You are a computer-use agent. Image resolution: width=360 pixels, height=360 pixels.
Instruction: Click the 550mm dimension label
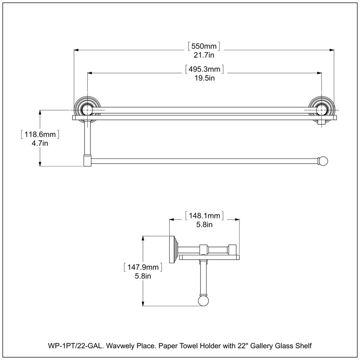(x=204, y=46)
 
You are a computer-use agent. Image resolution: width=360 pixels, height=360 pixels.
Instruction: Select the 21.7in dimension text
(x=204, y=55)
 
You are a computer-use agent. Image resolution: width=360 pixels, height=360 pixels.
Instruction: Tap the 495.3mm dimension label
(x=204, y=69)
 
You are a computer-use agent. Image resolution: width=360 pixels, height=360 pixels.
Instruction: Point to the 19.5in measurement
(x=205, y=78)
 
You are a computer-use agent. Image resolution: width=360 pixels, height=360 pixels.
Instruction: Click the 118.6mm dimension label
(x=40, y=134)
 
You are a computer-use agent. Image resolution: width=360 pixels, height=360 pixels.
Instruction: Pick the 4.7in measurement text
(x=40, y=143)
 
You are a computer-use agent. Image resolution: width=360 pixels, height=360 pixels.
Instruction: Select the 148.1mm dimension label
(x=204, y=216)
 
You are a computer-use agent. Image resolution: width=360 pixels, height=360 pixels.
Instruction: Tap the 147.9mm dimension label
(x=143, y=267)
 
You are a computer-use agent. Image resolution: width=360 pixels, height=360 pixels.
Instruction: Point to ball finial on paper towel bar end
(x=323, y=161)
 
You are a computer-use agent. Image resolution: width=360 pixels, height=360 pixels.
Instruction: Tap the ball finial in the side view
(x=203, y=301)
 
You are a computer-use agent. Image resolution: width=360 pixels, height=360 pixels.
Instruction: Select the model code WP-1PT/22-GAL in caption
(x=75, y=346)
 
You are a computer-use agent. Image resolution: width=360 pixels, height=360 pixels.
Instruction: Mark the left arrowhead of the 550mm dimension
(x=76, y=50)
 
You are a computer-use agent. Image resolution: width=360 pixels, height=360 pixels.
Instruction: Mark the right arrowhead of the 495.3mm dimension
(x=319, y=73)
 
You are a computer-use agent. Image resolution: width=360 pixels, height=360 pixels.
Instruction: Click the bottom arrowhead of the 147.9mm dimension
(x=143, y=304)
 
